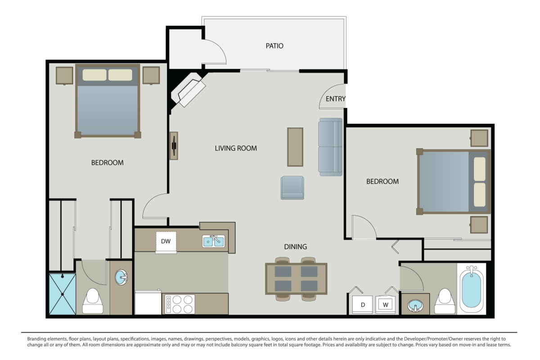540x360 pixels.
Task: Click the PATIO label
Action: (x=274, y=46)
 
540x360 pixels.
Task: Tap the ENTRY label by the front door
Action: (x=335, y=99)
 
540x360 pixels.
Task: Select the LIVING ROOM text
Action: (x=236, y=148)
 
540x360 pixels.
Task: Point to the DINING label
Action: (x=295, y=247)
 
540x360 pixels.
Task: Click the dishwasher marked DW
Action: (x=166, y=243)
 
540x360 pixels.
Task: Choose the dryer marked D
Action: (x=362, y=305)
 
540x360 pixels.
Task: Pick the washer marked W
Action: (x=386, y=305)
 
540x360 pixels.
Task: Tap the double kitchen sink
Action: (x=214, y=241)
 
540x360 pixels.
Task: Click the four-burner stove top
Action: (x=180, y=304)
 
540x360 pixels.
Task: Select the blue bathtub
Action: (x=472, y=289)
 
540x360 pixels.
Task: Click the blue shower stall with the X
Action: (x=63, y=294)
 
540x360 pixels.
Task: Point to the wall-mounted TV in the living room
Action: (x=174, y=146)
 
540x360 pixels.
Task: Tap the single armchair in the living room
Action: (x=292, y=188)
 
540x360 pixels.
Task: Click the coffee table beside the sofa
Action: (x=295, y=147)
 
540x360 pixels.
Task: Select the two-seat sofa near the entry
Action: (x=330, y=147)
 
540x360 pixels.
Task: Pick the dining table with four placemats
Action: (x=296, y=279)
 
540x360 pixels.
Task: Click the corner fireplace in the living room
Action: (x=188, y=89)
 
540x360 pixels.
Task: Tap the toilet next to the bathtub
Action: (x=445, y=301)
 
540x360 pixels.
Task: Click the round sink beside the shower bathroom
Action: (x=121, y=277)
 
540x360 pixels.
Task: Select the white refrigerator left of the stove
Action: (x=148, y=302)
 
